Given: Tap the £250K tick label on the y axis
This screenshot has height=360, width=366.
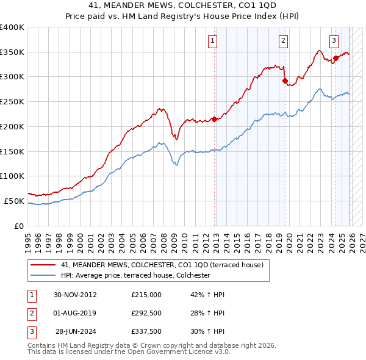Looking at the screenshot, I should tap(12, 101).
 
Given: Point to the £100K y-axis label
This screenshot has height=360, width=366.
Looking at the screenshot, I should tap(12, 176).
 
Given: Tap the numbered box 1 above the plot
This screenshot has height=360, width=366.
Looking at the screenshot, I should tap(212, 41).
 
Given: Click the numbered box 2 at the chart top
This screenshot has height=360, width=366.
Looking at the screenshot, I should tap(284, 41).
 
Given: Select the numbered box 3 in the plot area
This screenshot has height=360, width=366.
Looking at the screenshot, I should tap(334, 41).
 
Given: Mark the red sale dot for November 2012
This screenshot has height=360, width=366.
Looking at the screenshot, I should tap(214, 119).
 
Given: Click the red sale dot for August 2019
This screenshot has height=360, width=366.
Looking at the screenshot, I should tap(285, 80).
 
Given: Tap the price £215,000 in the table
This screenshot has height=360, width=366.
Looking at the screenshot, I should tap(146, 295).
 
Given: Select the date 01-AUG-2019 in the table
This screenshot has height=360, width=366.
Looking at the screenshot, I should tap(75, 313).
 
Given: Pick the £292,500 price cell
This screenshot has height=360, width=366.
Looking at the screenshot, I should tap(146, 313).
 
